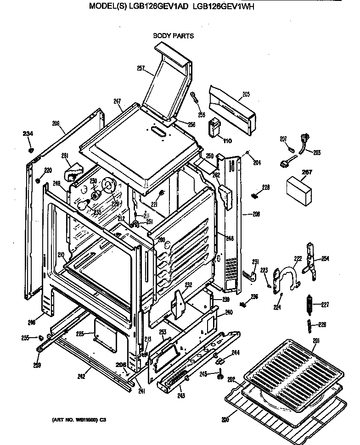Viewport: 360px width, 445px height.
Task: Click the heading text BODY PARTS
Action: [x=173, y=36]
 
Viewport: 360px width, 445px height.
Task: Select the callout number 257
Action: [x=141, y=69]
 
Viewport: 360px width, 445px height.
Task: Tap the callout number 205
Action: [x=246, y=95]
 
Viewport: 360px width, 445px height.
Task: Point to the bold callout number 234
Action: [x=28, y=134]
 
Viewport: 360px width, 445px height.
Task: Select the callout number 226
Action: [x=322, y=325]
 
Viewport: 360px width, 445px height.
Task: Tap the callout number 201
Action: [x=316, y=340]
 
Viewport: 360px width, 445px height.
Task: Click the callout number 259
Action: [x=37, y=365]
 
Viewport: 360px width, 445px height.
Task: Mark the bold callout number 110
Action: [x=227, y=140]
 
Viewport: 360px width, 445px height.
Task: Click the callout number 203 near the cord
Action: [x=317, y=152]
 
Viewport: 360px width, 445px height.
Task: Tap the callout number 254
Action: [x=325, y=259]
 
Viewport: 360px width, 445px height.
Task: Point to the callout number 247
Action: [x=117, y=101]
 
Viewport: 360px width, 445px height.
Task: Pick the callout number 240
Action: [x=229, y=312]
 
